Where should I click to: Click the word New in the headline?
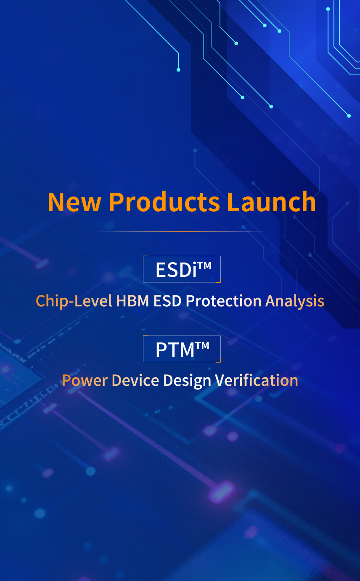coord(74,202)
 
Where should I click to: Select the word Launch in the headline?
coord(271,202)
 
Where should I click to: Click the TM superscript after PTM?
coord(202,345)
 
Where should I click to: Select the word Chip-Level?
coord(74,301)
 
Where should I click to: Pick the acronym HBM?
coord(132,301)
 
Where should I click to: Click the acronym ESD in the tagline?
coord(167,301)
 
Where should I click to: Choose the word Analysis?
coord(295,301)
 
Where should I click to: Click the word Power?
coord(85,380)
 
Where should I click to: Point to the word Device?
coord(135,380)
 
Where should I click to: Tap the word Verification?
coord(257,380)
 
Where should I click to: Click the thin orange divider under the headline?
coord(182,231)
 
